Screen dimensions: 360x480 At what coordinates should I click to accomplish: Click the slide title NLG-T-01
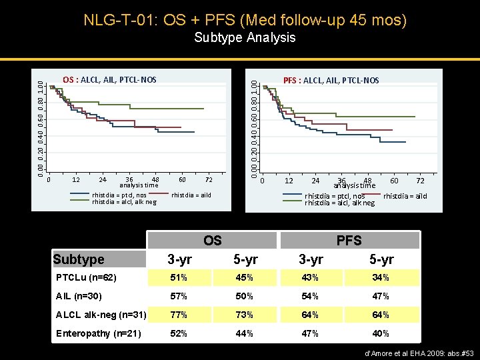pyautogui.click(x=245, y=19)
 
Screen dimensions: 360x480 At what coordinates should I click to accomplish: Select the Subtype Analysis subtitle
pyautogui.click(x=245, y=37)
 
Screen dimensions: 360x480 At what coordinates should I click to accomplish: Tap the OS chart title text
pyautogui.click(x=109, y=80)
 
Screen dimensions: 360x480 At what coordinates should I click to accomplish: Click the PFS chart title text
pyautogui.click(x=331, y=81)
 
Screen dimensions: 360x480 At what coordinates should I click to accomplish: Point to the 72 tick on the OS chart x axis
pyautogui.click(x=209, y=179)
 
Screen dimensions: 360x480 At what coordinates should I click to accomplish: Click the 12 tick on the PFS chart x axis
pyautogui.click(x=289, y=181)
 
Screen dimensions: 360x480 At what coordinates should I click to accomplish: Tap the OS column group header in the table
pyautogui.click(x=212, y=240)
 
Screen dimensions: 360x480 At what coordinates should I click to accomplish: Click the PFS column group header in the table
pyautogui.click(x=349, y=240)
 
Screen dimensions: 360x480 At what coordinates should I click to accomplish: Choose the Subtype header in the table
pyautogui.click(x=79, y=259)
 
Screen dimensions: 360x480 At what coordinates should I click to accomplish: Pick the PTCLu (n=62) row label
pyautogui.click(x=87, y=277)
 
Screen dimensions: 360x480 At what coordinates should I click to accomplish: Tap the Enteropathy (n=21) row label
pyautogui.click(x=98, y=333)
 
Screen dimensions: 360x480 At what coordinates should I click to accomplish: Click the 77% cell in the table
pyautogui.click(x=178, y=315)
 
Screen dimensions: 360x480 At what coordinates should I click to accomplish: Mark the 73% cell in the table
pyautogui.click(x=245, y=315)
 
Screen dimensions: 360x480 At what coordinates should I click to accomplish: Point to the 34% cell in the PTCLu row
pyautogui.click(x=381, y=277)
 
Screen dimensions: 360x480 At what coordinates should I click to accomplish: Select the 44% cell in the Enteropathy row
pyautogui.click(x=245, y=333)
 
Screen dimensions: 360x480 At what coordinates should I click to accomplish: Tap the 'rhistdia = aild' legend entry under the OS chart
pyautogui.click(x=192, y=195)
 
